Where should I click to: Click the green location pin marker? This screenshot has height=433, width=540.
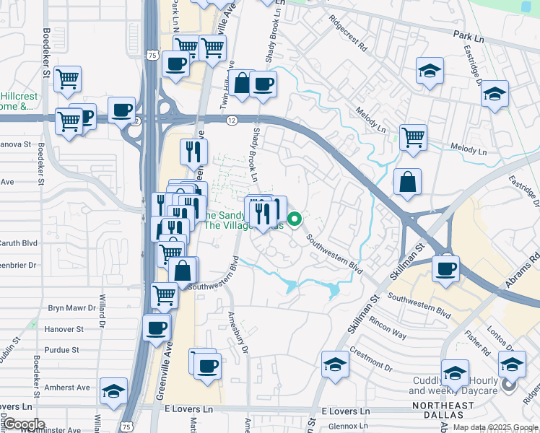click(x=295, y=219)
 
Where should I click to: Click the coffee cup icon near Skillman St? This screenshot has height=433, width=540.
click(x=445, y=268)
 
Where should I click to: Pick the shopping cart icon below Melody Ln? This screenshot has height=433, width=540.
click(x=412, y=136)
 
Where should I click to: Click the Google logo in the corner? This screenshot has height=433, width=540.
click(x=24, y=424)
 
